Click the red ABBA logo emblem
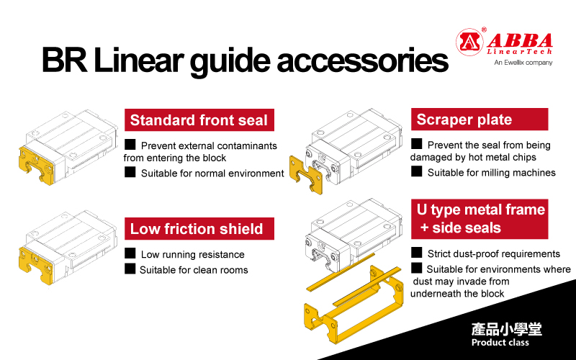pos(469,42)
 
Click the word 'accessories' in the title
pos(363,60)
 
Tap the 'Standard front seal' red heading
pos(199,120)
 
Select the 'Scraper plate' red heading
pos(480,119)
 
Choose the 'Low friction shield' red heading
pos(199,228)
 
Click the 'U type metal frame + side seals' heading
pos(480,219)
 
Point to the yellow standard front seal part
pos(35,165)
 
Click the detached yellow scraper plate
pos(306,175)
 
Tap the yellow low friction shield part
pos(35,265)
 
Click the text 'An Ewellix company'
pos(523,63)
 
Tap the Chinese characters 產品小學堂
pos(507,329)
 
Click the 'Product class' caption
pos(500,343)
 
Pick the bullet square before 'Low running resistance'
pos(130,253)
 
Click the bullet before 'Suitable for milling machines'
pos(417,171)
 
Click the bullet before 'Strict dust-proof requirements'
pos(417,253)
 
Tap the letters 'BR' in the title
pos(65,60)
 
